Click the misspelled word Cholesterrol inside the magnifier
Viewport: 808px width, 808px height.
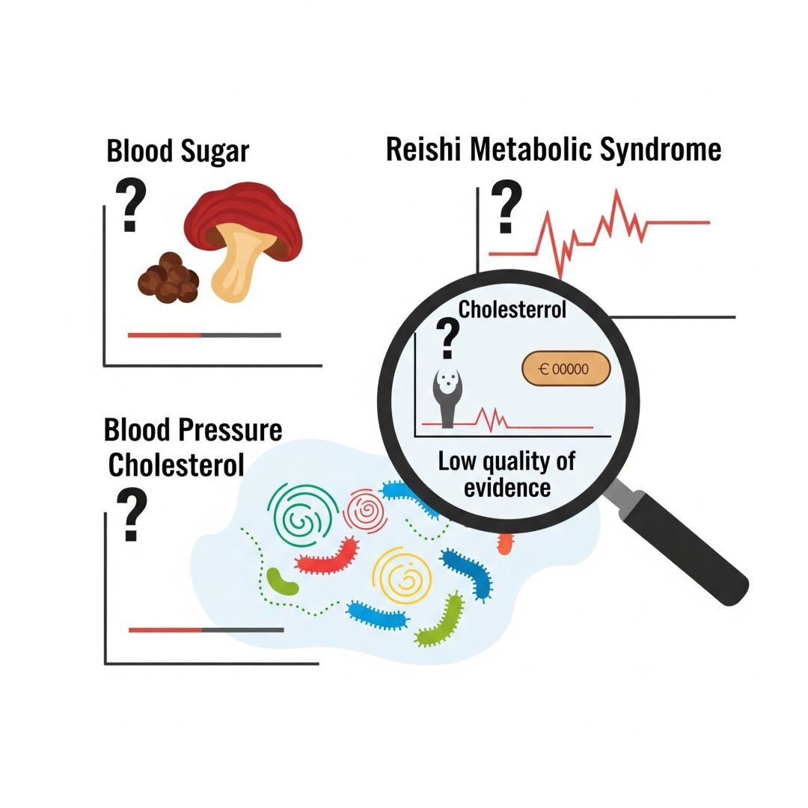(512, 309)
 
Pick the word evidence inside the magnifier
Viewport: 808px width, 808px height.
(507, 488)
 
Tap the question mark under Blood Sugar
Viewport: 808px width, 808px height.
(131, 206)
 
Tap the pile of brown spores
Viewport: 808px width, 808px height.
(168, 278)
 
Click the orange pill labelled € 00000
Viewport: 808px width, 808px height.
(566, 369)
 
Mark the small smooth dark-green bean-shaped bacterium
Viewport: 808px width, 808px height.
(282, 581)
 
